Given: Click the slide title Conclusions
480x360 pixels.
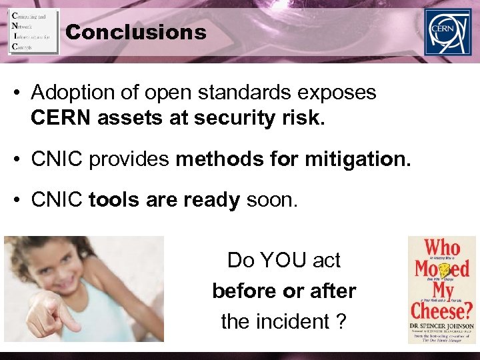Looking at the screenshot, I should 137,32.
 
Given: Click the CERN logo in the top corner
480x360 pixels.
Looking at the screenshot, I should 447,32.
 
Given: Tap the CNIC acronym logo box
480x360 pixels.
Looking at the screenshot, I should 33,31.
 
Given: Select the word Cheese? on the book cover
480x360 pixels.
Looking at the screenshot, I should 441,310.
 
